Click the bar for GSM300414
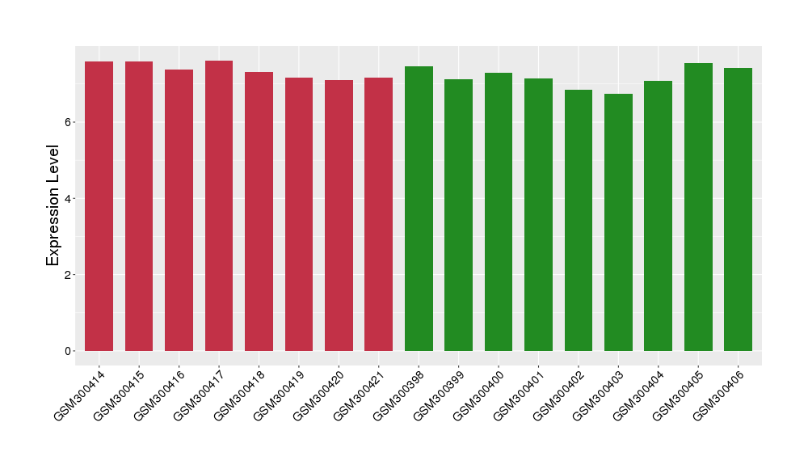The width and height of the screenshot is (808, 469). click(99, 206)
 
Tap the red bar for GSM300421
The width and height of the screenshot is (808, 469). click(378, 214)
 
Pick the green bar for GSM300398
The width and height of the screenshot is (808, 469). click(419, 209)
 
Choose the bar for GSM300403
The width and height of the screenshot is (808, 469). click(618, 222)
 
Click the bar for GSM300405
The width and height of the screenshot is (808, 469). click(698, 207)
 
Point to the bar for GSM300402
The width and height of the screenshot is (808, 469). click(579, 220)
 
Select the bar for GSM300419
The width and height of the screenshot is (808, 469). click(299, 214)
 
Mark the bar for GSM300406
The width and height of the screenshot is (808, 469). click(738, 209)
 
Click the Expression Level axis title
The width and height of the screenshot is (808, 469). click(53, 205)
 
